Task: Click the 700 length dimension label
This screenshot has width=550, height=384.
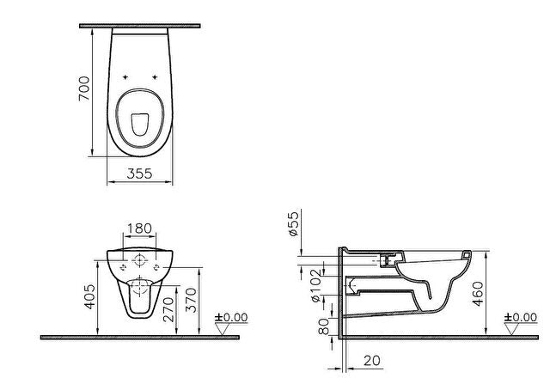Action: pyautogui.click(x=84, y=88)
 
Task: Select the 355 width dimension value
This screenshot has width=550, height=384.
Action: pyautogui.click(x=139, y=174)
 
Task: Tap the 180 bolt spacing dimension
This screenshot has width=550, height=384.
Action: pyautogui.click(x=139, y=229)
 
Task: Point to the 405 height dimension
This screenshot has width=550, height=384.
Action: pyautogui.click(x=90, y=296)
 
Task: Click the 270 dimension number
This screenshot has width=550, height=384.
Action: pyautogui.click(x=168, y=309)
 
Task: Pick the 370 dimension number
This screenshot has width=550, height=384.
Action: pyautogui.click(x=192, y=300)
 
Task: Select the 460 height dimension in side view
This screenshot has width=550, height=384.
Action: pyautogui.click(x=478, y=294)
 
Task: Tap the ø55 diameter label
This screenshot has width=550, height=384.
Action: pyautogui.click(x=294, y=223)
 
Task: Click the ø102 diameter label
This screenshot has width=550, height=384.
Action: pyautogui.click(x=315, y=285)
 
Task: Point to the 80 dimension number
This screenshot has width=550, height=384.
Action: pyautogui.click(x=323, y=326)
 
